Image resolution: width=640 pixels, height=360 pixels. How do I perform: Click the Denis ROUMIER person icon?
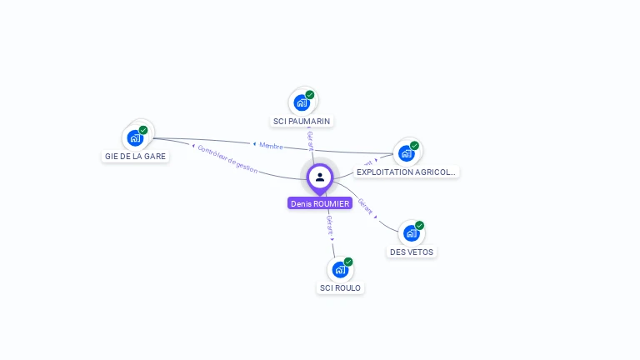320,177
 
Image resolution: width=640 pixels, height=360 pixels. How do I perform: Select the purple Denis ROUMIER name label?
320,203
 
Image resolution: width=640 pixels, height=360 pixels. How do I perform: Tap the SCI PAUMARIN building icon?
302,102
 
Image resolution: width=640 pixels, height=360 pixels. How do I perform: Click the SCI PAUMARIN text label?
302,121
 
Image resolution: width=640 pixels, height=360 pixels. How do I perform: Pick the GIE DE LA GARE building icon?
135,137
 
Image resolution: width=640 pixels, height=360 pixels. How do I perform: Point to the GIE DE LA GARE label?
135,156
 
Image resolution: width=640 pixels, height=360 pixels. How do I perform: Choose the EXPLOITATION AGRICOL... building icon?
407,153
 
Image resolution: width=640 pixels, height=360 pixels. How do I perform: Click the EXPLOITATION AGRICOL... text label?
407,172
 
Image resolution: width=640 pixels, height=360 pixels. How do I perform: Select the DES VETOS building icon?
412,233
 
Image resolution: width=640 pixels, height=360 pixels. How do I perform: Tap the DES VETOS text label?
412,252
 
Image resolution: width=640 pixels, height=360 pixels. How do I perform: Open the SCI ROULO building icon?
340,269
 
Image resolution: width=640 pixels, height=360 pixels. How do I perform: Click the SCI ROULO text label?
341,287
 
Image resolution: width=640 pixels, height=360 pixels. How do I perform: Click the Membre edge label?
270,145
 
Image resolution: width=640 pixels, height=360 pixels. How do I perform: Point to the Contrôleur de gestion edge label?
227,157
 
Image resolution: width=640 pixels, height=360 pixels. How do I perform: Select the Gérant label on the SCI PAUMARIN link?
310,140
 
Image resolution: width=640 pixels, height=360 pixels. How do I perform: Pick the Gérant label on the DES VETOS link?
365,207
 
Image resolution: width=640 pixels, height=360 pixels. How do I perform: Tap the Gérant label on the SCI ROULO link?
330,225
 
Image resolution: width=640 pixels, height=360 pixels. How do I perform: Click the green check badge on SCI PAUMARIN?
310,95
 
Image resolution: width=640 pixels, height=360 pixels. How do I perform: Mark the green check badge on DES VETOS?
419,226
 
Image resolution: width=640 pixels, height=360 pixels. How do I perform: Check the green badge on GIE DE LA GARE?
143,130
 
